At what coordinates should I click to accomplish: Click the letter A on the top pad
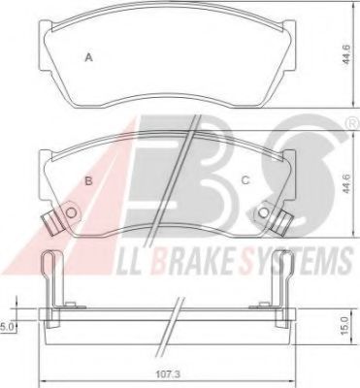(x=88, y=58)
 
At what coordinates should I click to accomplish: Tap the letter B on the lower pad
(x=88, y=179)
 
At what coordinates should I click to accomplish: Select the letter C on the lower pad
(x=245, y=179)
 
